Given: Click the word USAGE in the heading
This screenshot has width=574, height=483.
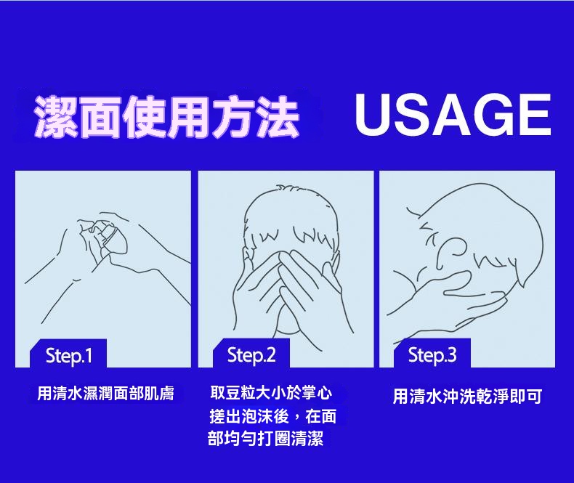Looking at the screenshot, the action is click(453, 114).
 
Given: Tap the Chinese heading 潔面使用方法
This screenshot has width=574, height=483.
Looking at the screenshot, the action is click(166, 117).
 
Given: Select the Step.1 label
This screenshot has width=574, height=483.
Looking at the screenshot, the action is click(69, 356).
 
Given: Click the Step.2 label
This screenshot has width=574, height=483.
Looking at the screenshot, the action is click(251, 355).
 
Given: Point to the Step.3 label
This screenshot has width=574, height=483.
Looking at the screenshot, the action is click(432, 355).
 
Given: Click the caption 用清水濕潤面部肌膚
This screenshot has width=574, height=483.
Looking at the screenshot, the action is click(105, 394).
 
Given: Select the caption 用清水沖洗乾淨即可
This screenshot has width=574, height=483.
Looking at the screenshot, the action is click(467, 397).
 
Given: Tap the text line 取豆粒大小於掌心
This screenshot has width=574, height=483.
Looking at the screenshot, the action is click(271, 393).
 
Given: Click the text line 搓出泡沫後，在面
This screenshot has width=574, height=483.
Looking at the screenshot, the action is click(272, 416).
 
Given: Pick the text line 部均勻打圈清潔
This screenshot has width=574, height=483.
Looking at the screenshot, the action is click(265, 438).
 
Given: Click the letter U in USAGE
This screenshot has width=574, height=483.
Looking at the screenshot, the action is click(373, 115).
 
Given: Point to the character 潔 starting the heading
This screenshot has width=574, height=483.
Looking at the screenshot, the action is click(55, 117).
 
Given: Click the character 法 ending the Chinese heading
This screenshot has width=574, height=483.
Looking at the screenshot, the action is click(278, 117).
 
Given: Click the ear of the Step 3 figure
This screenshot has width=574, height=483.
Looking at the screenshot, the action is click(455, 246).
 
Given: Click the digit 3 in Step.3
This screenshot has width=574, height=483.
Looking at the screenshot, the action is click(452, 354).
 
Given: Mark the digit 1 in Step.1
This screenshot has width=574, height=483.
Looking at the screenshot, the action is click(88, 355).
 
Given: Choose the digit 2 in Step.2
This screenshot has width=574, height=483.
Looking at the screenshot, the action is click(270, 354).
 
